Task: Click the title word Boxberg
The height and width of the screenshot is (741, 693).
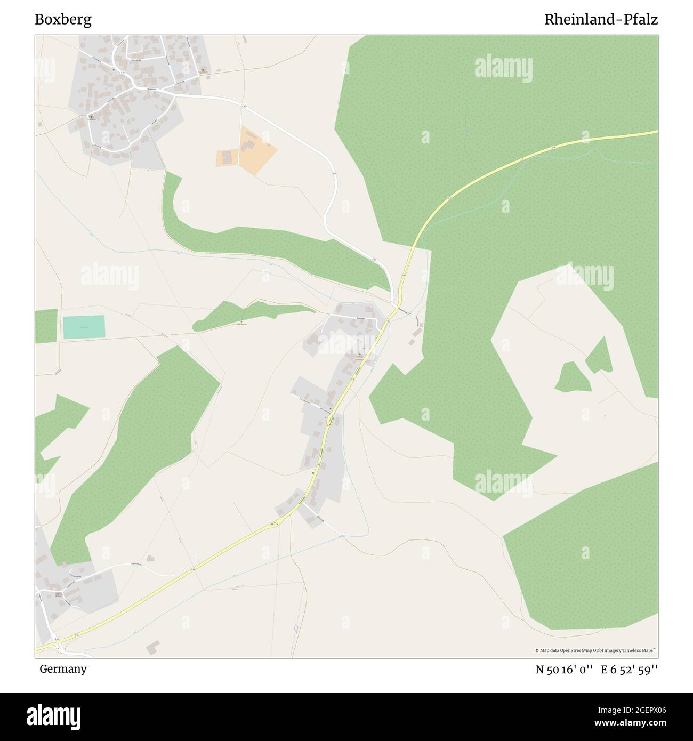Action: (x=63, y=20)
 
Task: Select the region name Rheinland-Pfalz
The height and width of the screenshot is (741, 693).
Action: (x=601, y=20)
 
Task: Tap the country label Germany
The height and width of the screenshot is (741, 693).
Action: (x=63, y=668)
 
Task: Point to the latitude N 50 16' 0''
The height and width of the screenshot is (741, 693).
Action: (x=565, y=670)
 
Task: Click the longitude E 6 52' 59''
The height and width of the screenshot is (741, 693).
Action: (x=629, y=670)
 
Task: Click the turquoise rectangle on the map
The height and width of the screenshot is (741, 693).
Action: (x=84, y=327)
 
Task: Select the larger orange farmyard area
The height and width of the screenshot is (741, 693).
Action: (x=256, y=150)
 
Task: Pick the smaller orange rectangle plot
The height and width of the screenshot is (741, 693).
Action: (x=227, y=158)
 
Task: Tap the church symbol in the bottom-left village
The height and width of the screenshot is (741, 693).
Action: (x=59, y=594)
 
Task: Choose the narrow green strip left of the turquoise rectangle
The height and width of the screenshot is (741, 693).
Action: (x=46, y=326)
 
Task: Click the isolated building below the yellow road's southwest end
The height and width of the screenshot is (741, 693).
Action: (x=153, y=647)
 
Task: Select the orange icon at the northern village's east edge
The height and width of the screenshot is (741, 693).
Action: (x=203, y=69)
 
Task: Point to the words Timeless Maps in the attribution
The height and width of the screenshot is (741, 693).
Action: (x=638, y=650)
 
